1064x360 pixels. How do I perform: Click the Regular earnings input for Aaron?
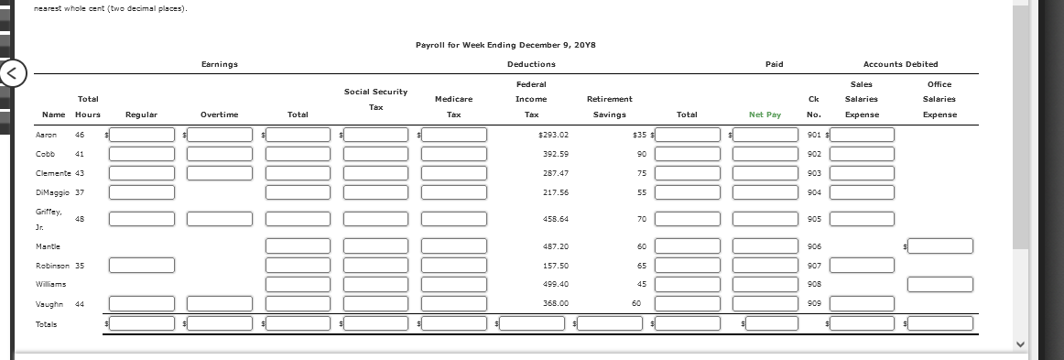pyautogui.click(x=142, y=135)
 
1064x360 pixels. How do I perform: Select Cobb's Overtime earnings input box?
pyautogui.click(x=220, y=154)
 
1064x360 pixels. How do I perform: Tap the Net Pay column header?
pyautogui.click(x=765, y=115)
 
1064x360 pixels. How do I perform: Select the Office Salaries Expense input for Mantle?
pyautogui.click(x=940, y=245)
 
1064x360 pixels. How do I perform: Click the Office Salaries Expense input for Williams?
pyautogui.click(x=940, y=284)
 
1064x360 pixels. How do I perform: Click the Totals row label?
pyautogui.click(x=47, y=323)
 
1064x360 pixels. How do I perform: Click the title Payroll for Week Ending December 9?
pyautogui.click(x=505, y=44)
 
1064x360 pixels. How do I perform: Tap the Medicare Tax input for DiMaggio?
pyautogui.click(x=453, y=192)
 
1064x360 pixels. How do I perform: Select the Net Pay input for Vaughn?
pyautogui.click(x=765, y=303)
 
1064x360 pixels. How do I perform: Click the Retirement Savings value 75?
pyautogui.click(x=617, y=173)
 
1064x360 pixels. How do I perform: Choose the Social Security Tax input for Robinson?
pyautogui.click(x=376, y=265)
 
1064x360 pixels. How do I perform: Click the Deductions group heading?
pyautogui.click(x=531, y=64)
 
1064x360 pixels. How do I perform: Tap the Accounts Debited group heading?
pyautogui.click(x=901, y=64)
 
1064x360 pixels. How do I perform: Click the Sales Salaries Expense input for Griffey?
pyautogui.click(x=863, y=219)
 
